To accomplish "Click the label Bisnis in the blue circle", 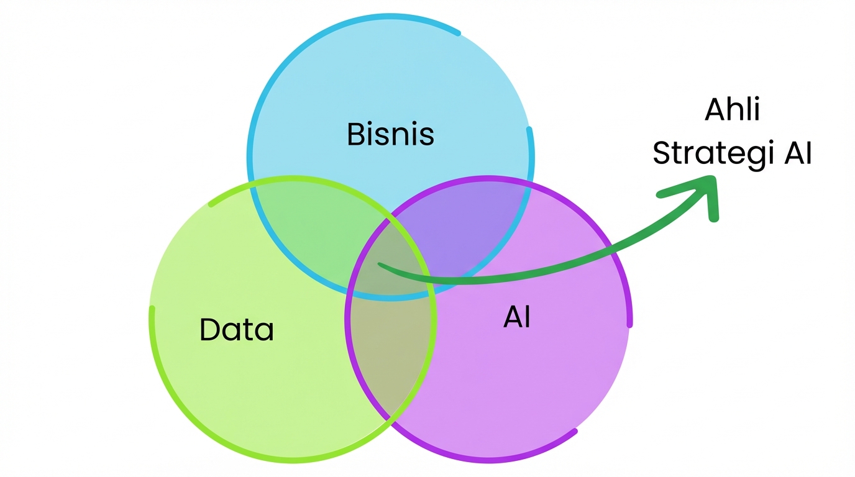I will coord(390,134).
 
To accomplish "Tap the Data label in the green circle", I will coord(237,329).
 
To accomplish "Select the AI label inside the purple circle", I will coord(517,317).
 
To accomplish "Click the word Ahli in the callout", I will coord(733,111).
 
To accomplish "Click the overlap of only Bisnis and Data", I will coord(311,230).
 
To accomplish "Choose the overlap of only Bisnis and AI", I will coord(472,230).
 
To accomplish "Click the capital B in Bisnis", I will coord(355,134).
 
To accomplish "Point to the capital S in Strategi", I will coord(663,153).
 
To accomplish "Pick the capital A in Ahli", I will coord(715,111).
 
